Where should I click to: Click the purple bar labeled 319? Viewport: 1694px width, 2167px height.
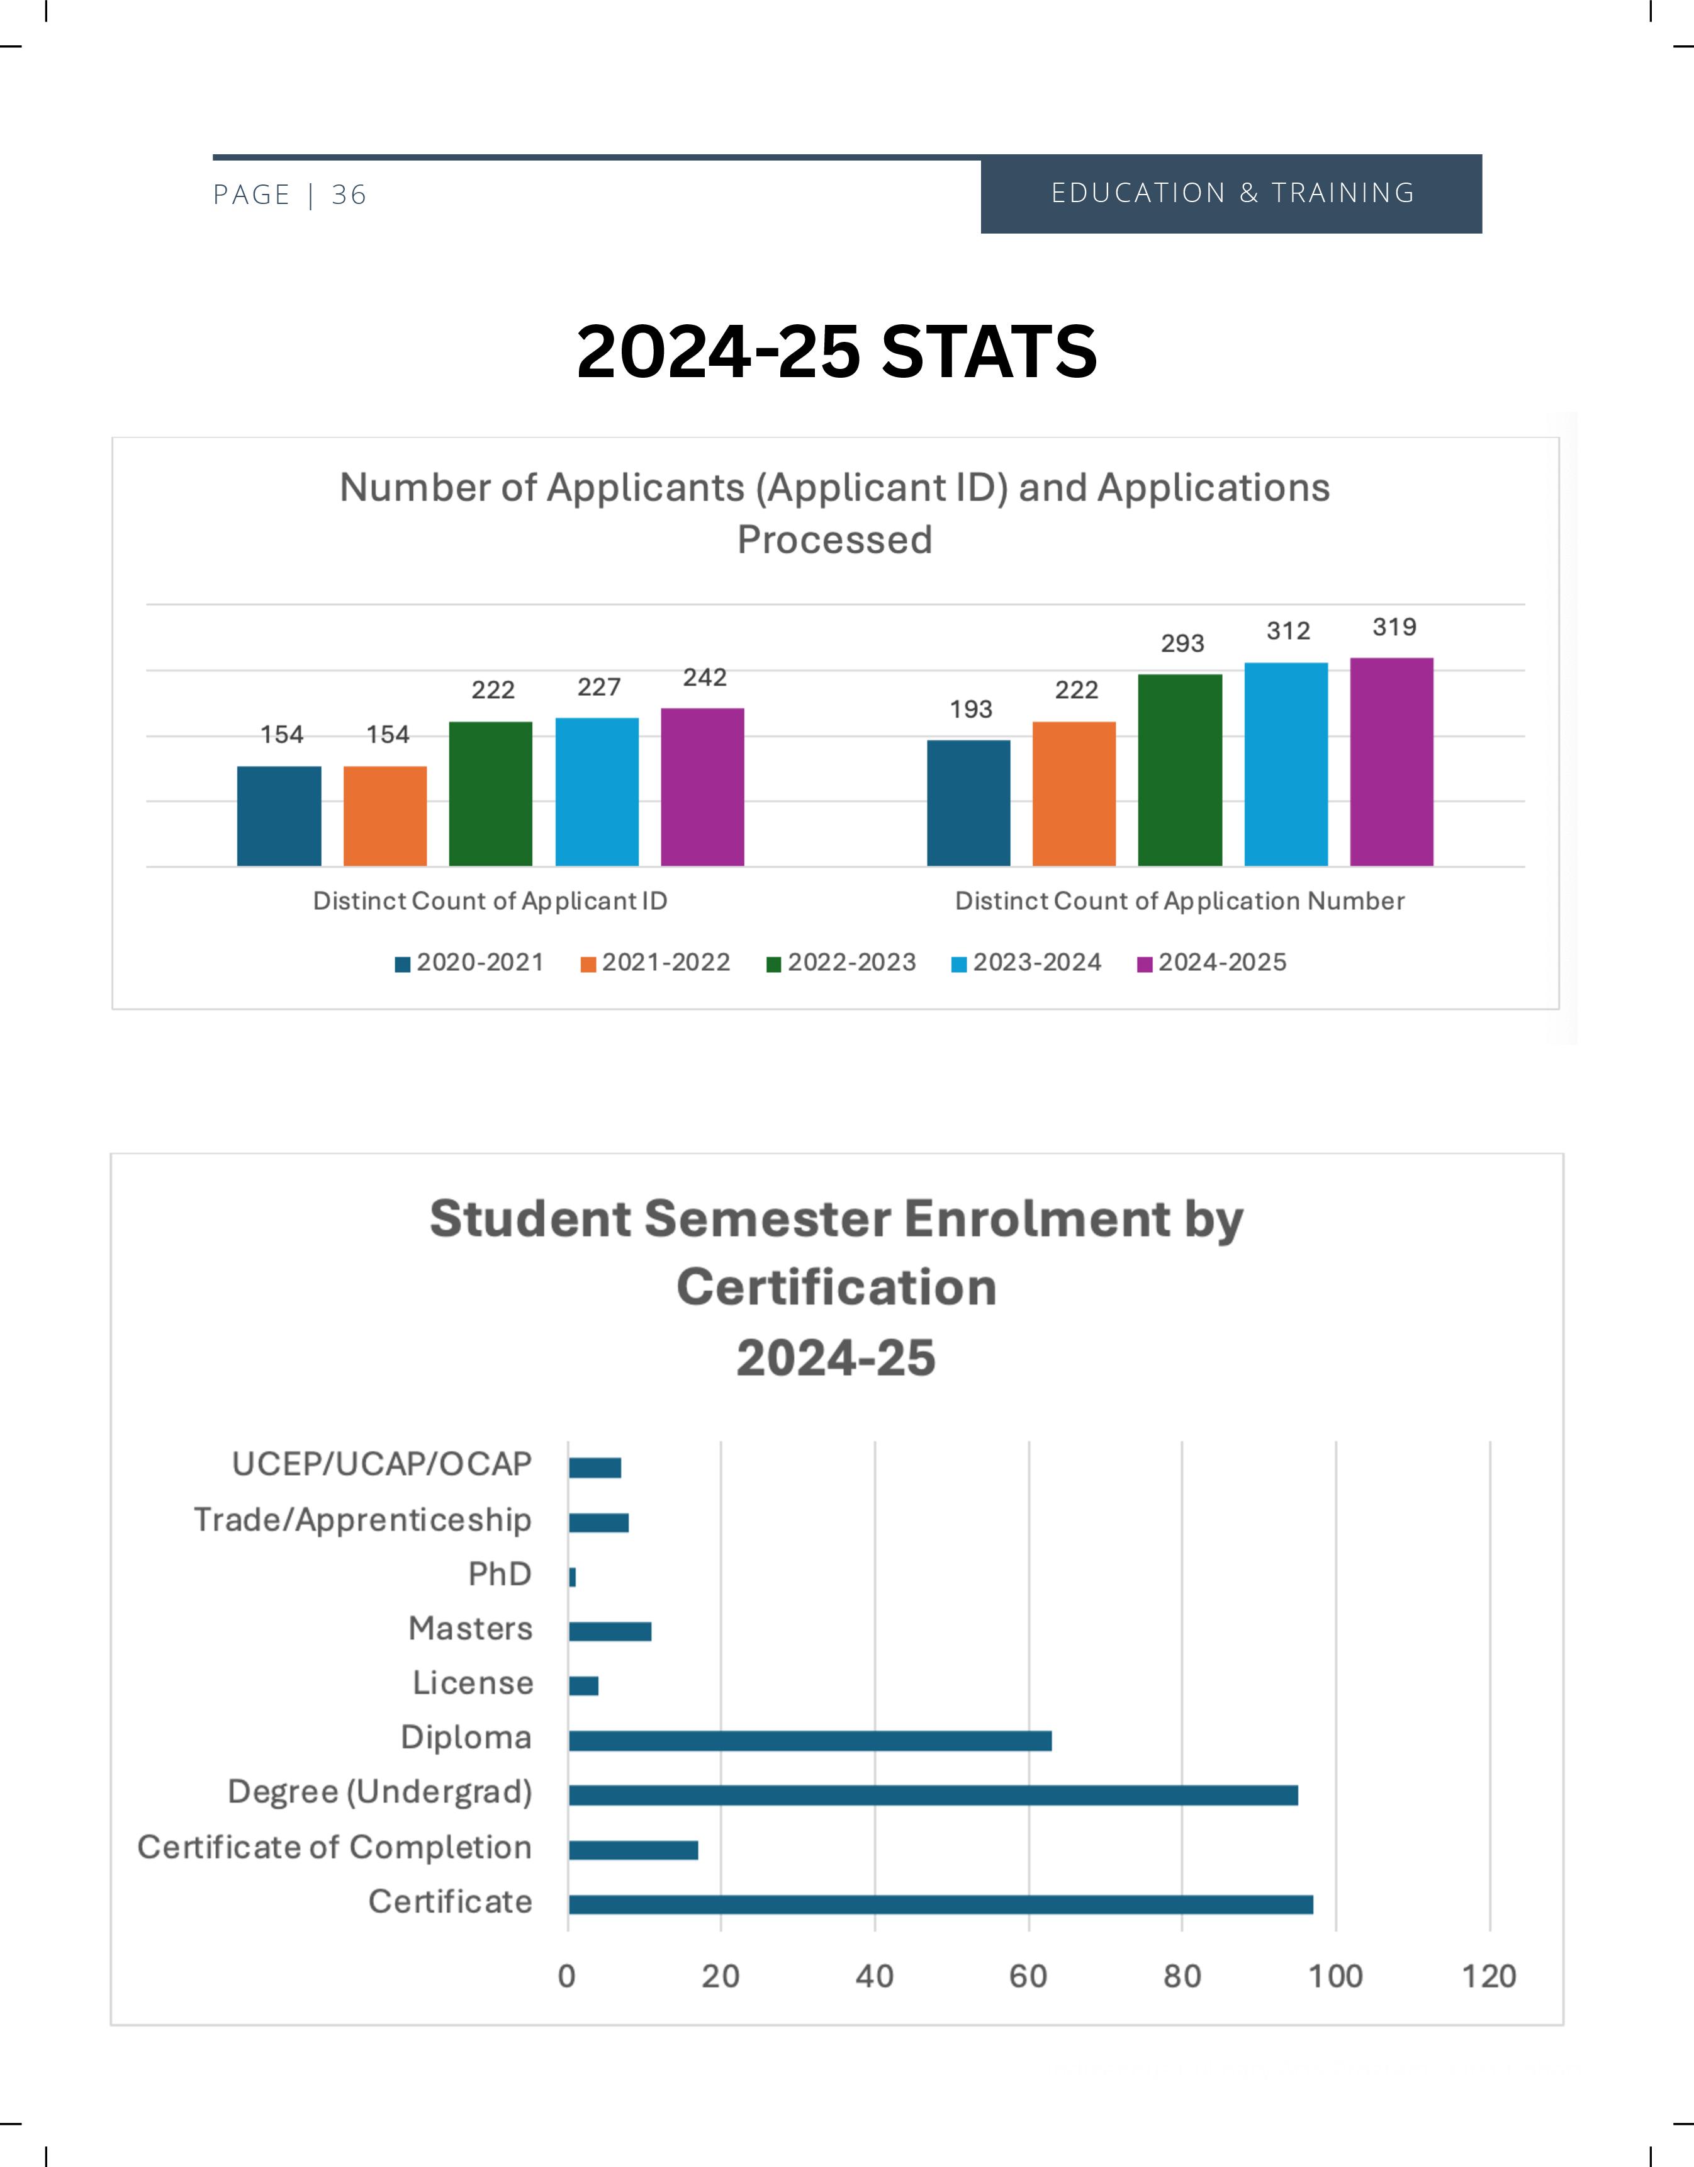tap(1391, 762)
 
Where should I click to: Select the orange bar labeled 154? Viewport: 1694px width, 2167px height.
tap(385, 815)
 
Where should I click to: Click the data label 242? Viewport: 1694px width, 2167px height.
tap(704, 677)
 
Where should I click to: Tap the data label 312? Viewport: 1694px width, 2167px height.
tap(1287, 631)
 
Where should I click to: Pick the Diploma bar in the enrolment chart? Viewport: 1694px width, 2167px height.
tap(809, 1740)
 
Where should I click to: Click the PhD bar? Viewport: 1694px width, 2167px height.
tap(572, 1576)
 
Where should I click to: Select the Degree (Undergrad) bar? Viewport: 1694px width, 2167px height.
tap(933, 1795)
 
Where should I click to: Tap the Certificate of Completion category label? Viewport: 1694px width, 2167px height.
tap(334, 1848)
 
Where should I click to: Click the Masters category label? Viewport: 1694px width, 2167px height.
tap(470, 1629)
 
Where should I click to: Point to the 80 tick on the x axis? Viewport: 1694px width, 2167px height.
tap(1181, 1976)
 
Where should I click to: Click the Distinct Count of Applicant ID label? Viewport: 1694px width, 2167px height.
tap(490, 901)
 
